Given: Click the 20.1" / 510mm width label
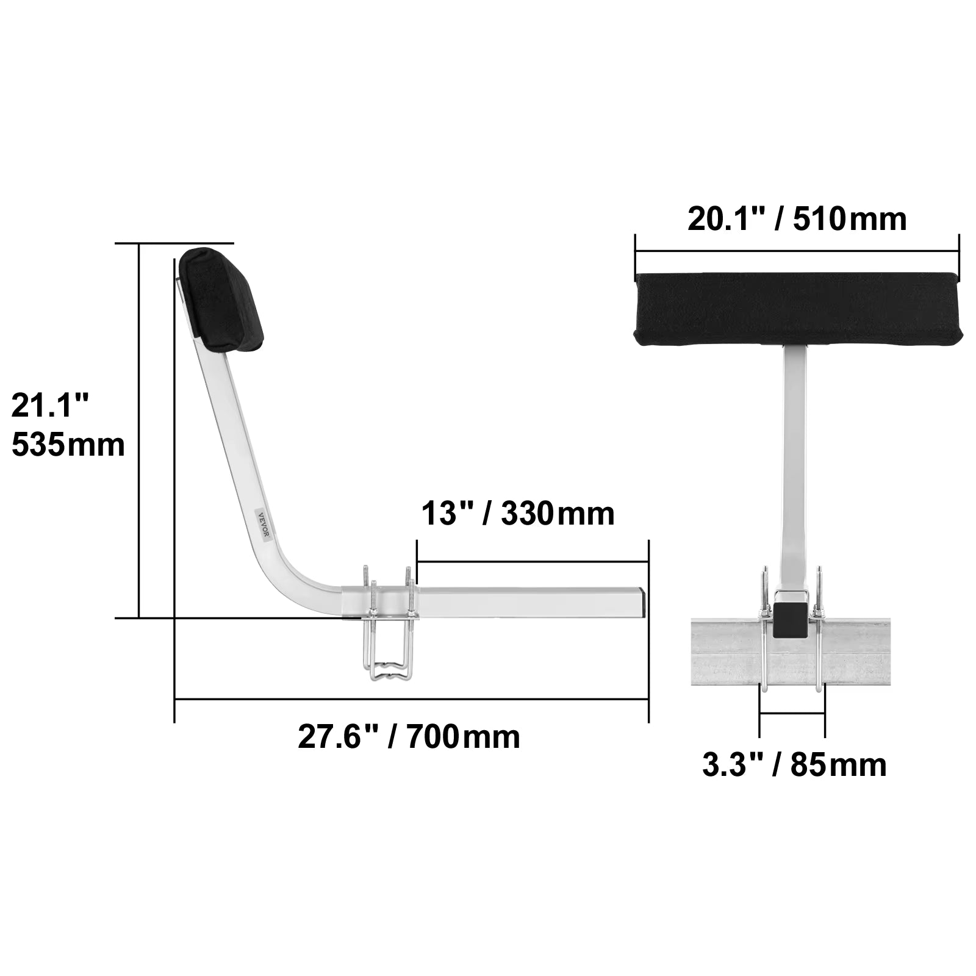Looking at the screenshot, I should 797,220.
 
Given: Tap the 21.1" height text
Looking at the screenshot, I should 51,406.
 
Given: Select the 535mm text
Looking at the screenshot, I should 68,445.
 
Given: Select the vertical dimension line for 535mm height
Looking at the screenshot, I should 140,431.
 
